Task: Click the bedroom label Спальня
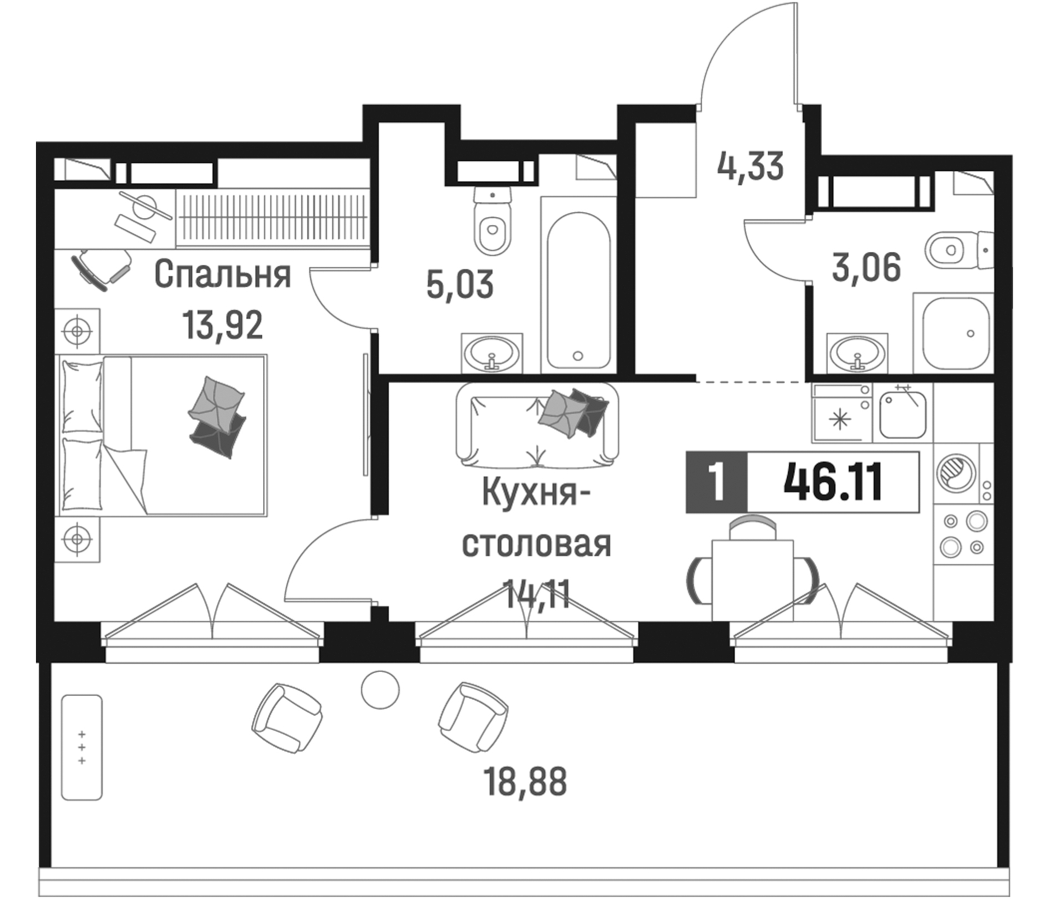pyautogui.click(x=223, y=275)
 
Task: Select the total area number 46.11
pyautogui.click(x=833, y=482)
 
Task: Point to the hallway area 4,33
pyautogui.click(x=750, y=166)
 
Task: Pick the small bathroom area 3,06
pyautogui.click(x=867, y=268)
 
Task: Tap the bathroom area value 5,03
pyautogui.click(x=460, y=285)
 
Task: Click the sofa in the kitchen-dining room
pyautogui.click(x=536, y=425)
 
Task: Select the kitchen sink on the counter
pyautogui.click(x=902, y=416)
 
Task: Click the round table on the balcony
pyautogui.click(x=380, y=689)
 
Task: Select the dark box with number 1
pyautogui.click(x=716, y=482)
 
